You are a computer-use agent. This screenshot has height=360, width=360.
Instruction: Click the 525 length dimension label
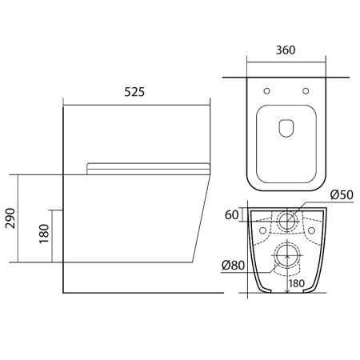point(134,92)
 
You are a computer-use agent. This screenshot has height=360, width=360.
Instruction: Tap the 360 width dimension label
point(286,50)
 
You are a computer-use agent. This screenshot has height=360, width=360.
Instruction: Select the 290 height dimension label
point(10,218)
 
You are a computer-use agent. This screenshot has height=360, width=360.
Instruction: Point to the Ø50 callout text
point(342,194)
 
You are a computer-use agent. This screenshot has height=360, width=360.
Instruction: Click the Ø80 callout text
point(233,265)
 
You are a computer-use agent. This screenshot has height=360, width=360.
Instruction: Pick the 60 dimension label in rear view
point(231,214)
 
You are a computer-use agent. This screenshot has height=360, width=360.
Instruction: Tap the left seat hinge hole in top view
point(266,91)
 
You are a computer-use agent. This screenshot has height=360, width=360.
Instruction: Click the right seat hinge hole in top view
point(306,91)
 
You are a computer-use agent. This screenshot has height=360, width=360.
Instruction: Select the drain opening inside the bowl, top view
point(286,128)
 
